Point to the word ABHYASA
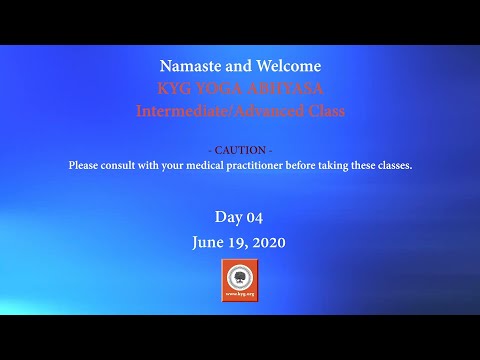click(284, 88)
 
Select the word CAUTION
click(240, 149)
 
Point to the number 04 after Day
click(254, 216)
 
